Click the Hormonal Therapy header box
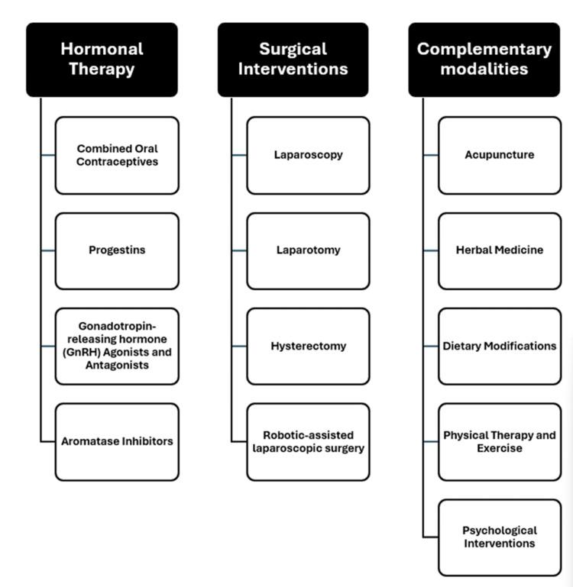tap(102, 60)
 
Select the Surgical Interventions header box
tap(293, 60)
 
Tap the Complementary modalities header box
tap(484, 60)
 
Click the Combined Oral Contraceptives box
tap(117, 155)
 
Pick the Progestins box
tap(117, 250)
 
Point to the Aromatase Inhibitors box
tap(117, 441)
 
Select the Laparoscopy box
tap(308, 155)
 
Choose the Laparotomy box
tap(308, 250)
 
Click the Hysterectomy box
tap(308, 346)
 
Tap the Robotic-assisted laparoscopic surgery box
tap(308, 441)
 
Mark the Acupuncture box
tap(499, 155)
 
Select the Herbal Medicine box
tap(499, 250)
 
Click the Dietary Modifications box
tap(499, 346)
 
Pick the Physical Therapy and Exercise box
tap(499, 441)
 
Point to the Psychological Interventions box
tap(499, 537)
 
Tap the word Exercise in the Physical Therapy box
tap(499, 448)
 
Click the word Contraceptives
tap(117, 162)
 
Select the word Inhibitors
tap(146, 441)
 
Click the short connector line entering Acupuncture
tap(430, 155)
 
